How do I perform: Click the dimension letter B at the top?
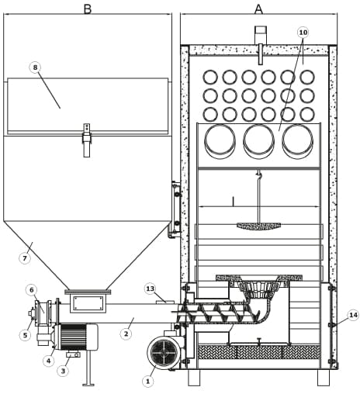click(x=88, y=9)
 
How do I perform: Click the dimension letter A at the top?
click(x=258, y=9)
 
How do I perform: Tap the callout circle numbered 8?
click(x=35, y=67)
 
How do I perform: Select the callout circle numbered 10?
click(x=303, y=33)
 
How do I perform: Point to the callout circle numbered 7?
click(x=25, y=258)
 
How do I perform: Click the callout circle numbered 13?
click(x=151, y=289)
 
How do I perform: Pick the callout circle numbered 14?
click(x=353, y=315)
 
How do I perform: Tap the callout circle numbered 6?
click(x=32, y=290)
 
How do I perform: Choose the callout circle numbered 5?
click(x=25, y=335)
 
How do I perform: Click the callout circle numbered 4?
click(x=49, y=361)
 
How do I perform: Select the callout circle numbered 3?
click(x=63, y=371)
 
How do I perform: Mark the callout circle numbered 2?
click(x=126, y=334)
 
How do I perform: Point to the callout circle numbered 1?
click(x=148, y=381)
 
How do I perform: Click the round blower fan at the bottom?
click(x=164, y=352)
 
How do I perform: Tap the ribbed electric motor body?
click(x=73, y=337)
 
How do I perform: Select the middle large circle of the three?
click(x=258, y=141)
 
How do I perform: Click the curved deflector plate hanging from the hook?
click(x=258, y=226)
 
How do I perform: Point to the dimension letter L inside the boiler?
click(x=234, y=201)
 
